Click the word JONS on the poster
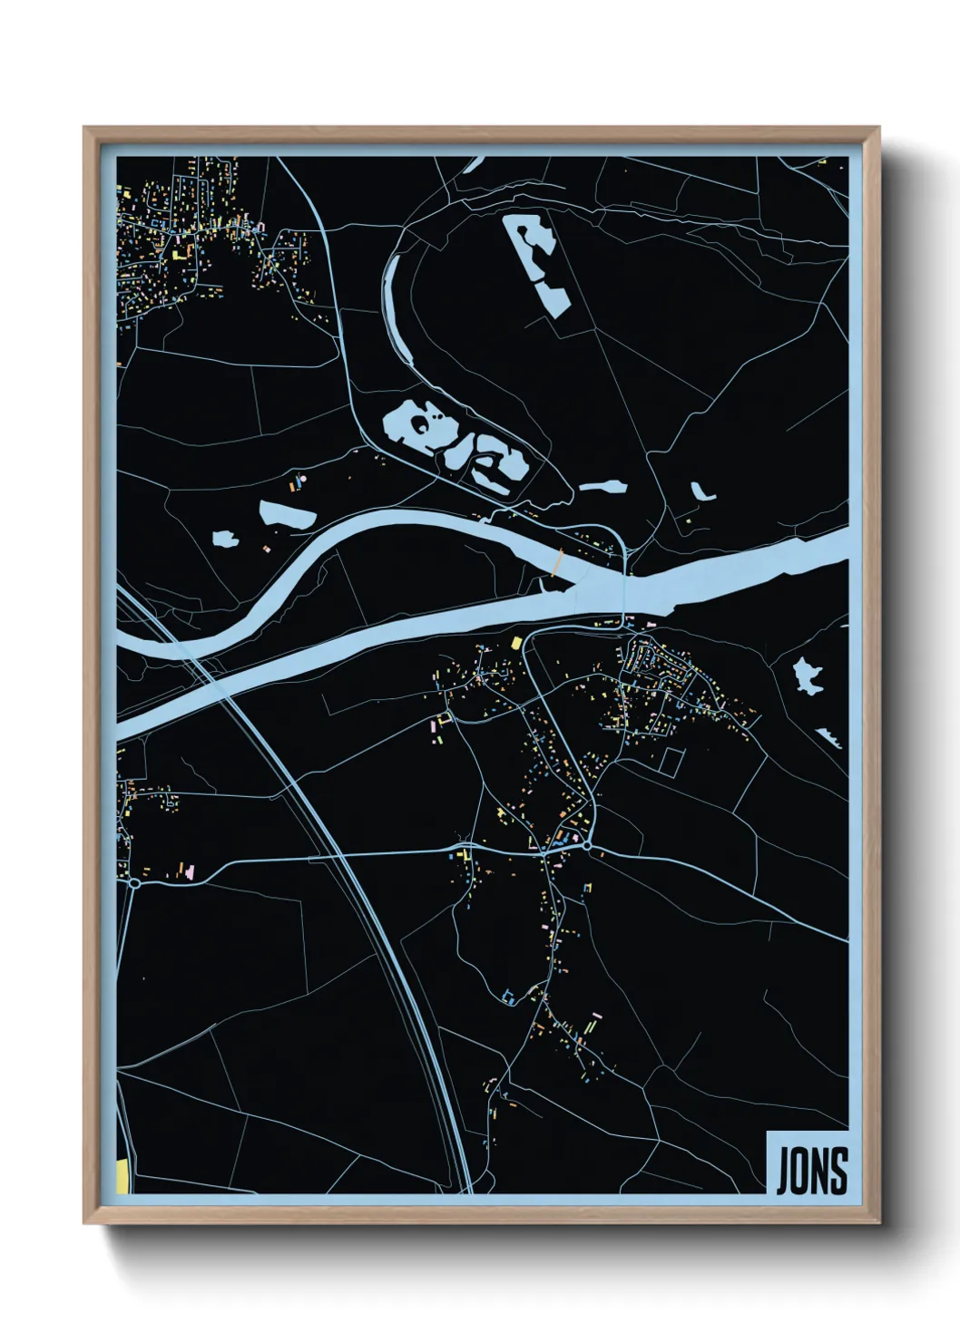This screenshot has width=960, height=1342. [811, 1171]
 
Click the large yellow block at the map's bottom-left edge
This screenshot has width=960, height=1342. [122, 1176]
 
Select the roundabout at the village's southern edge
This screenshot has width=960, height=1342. [587, 846]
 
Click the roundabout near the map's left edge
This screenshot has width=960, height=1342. [134, 881]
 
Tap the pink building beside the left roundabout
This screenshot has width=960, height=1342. [190, 872]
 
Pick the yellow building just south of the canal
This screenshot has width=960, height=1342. [516, 643]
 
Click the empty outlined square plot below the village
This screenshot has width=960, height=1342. [670, 760]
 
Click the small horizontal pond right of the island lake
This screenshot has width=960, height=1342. [603, 487]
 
